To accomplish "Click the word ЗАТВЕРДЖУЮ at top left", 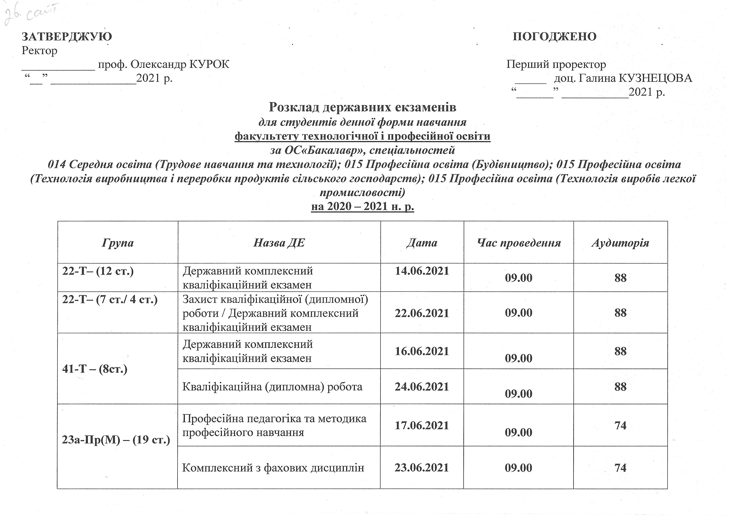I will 67,37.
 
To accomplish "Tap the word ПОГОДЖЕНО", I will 555,37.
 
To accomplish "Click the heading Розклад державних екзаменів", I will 362,107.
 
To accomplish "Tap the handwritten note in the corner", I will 30,14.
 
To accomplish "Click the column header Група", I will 118,243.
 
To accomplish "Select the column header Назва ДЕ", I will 279,243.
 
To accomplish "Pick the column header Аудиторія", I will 620,243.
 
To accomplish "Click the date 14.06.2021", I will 422,271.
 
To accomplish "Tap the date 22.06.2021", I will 422,313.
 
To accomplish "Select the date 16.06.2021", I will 422,351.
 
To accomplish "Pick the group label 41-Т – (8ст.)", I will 95,369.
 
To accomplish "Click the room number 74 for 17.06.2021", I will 620,425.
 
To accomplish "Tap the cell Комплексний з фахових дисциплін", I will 273,468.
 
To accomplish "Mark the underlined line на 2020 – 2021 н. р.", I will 362,207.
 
